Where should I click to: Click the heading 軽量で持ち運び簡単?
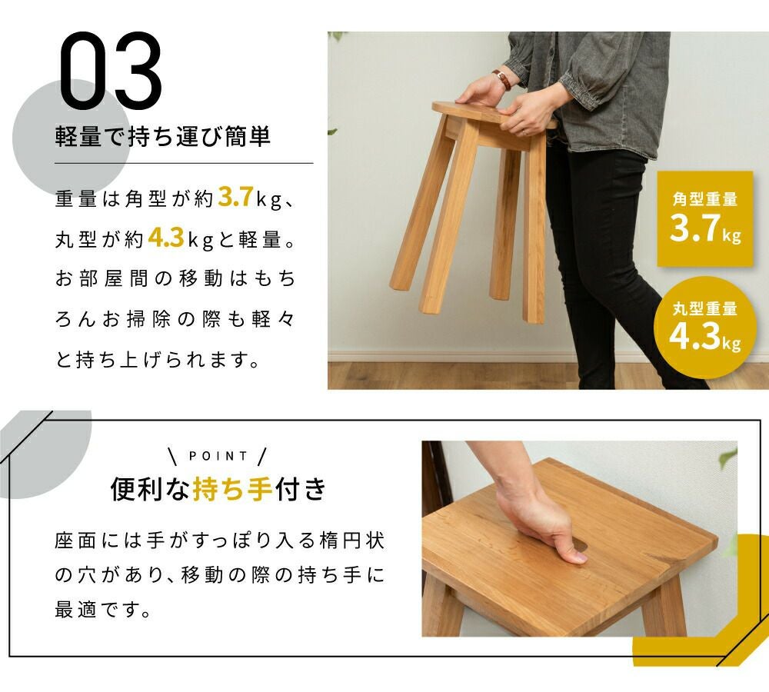point(163,136)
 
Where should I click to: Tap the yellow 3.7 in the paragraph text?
point(235,197)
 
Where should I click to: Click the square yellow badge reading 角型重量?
point(704,218)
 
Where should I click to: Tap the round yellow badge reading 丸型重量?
point(704,327)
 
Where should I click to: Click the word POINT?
point(218,456)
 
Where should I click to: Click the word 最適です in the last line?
point(102,610)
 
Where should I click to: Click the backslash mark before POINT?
point(172,456)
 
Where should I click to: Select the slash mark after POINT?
point(262,456)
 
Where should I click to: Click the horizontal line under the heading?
point(184,163)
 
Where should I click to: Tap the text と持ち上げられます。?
point(158,360)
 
